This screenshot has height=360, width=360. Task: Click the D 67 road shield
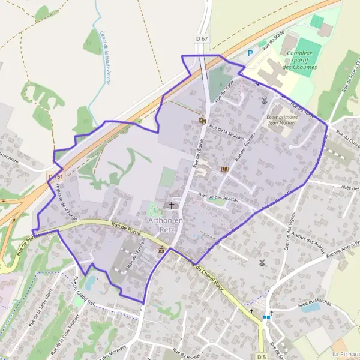(x=202, y=38)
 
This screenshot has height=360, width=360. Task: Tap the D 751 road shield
(x=56, y=176)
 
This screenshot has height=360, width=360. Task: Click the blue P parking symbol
(x=251, y=53)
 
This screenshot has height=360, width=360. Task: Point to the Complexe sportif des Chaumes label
(x=300, y=60)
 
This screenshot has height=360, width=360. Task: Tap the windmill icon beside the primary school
(x=263, y=100)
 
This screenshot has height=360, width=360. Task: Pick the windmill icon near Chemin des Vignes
(x=261, y=263)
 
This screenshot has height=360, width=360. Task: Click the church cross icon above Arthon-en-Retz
(x=172, y=205)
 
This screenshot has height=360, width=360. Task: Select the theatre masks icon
(x=202, y=120)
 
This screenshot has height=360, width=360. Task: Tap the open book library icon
(x=224, y=170)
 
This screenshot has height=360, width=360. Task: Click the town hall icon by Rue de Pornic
(x=161, y=248)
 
